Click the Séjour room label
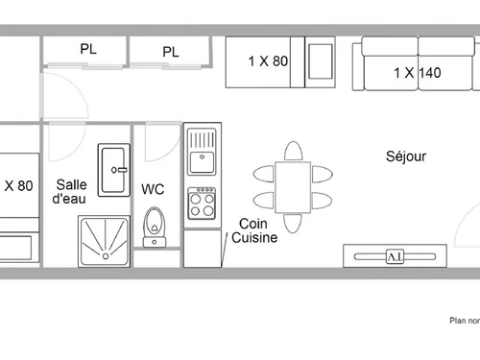(x=406, y=156)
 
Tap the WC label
(x=153, y=189)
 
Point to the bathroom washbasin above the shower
(x=112, y=170)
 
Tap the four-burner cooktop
(x=203, y=203)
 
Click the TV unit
(x=395, y=256)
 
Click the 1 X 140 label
(x=417, y=71)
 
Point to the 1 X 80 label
(x=268, y=61)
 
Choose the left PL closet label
(x=88, y=49)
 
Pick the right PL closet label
(x=171, y=52)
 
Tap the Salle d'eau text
(x=72, y=191)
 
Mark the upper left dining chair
(x=265, y=174)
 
